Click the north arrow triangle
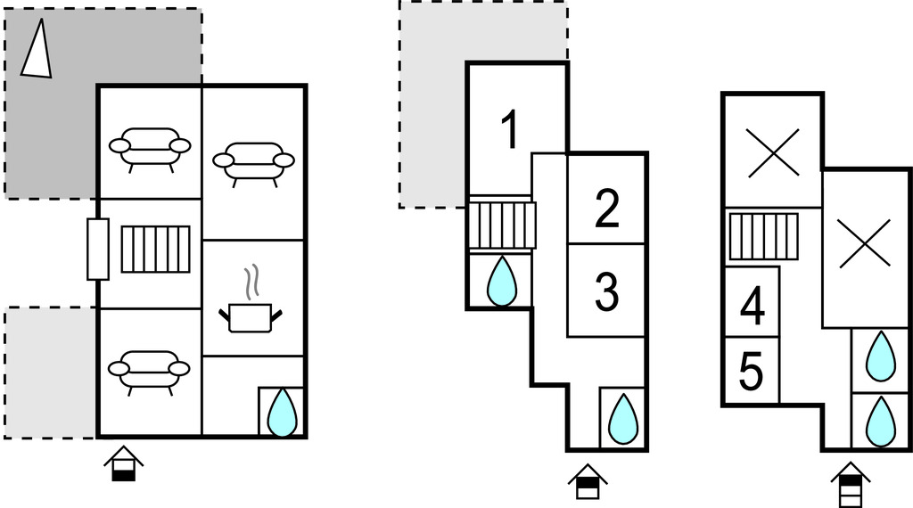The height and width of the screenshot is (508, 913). point(36,50)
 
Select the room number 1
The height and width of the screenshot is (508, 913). point(509,131)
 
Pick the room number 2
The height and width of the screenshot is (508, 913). point(606,209)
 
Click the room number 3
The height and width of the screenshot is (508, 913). point(606,292)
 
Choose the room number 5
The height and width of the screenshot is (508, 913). point(751,371)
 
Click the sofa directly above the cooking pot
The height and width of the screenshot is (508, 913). point(254,162)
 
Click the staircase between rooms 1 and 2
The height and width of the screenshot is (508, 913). point(501,225)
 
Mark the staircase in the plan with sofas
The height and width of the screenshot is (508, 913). point(156,250)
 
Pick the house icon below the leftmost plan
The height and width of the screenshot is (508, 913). point(123,464)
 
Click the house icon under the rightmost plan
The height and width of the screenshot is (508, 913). point(851,483)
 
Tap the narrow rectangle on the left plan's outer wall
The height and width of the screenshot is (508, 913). point(98,249)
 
